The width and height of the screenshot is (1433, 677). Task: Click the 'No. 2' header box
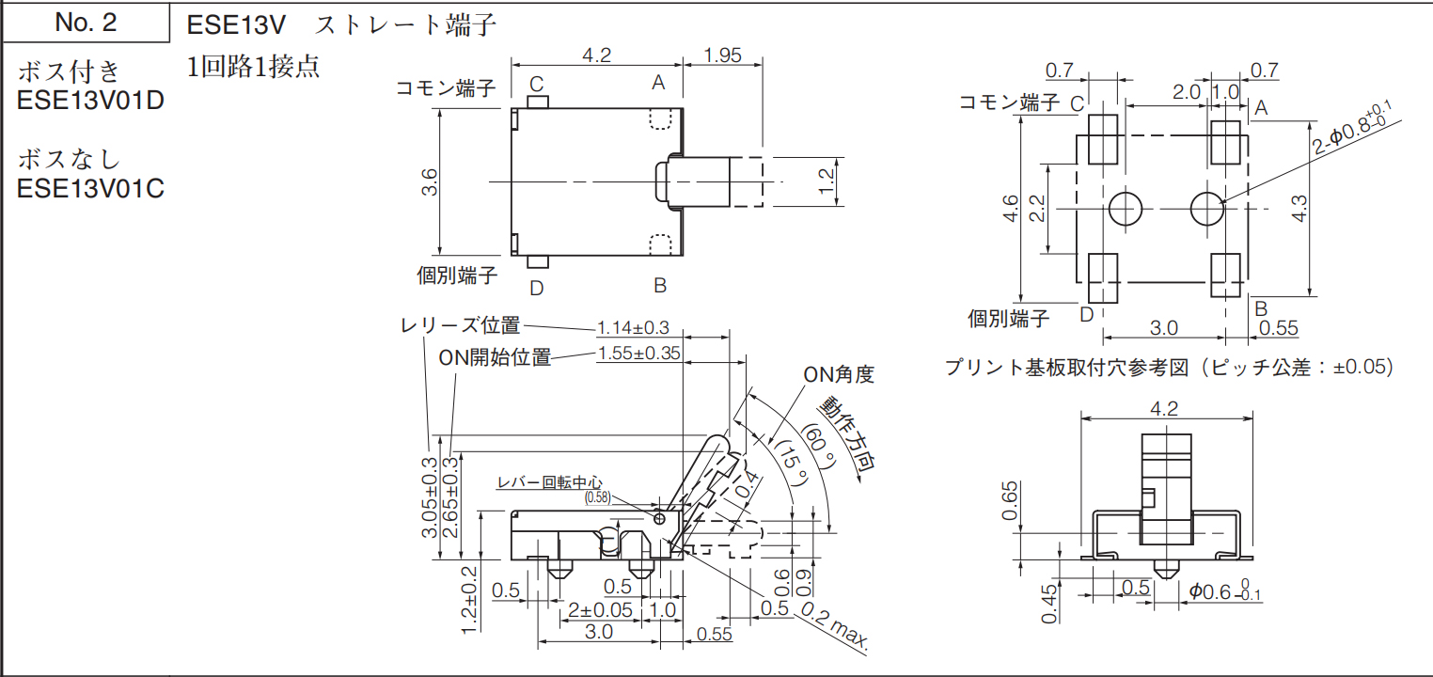pos(86,24)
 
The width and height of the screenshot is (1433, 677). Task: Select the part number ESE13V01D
pos(90,99)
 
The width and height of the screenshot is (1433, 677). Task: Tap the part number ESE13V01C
pos(90,188)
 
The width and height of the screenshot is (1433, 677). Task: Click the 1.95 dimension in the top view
pos(722,55)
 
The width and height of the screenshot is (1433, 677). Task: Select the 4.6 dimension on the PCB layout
pos(1010,208)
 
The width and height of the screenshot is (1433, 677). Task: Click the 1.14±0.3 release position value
pos(633,328)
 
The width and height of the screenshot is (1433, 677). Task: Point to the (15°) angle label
pos(790,463)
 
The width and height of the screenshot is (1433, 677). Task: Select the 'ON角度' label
pos(838,375)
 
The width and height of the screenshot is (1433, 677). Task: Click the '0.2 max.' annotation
pos(835,627)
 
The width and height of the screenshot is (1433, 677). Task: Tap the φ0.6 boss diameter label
pos(1220,591)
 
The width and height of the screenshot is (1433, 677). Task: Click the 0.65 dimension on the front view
pos(1009,500)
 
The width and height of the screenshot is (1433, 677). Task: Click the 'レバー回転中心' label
pos(549,483)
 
